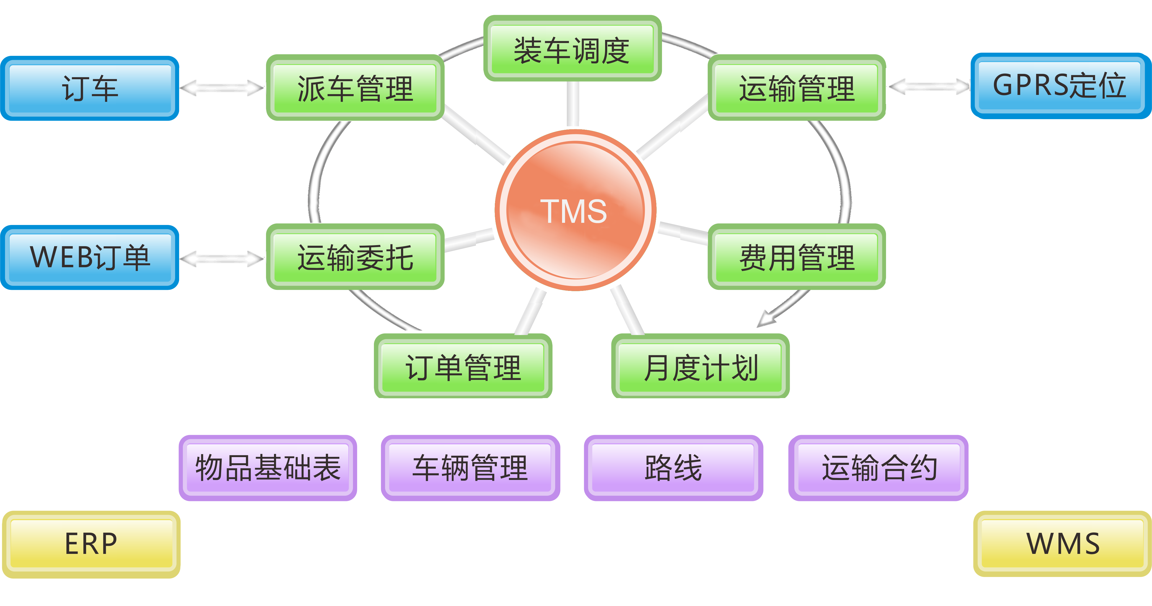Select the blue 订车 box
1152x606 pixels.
[90, 89]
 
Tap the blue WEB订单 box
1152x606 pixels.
[90, 257]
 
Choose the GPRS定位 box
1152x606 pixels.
[1059, 86]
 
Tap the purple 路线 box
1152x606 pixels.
[673, 468]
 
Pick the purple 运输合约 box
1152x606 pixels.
[879, 468]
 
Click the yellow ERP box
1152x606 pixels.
[91, 544]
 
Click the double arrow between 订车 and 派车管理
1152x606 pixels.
[222, 88]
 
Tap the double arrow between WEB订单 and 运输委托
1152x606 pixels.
[222, 258]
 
